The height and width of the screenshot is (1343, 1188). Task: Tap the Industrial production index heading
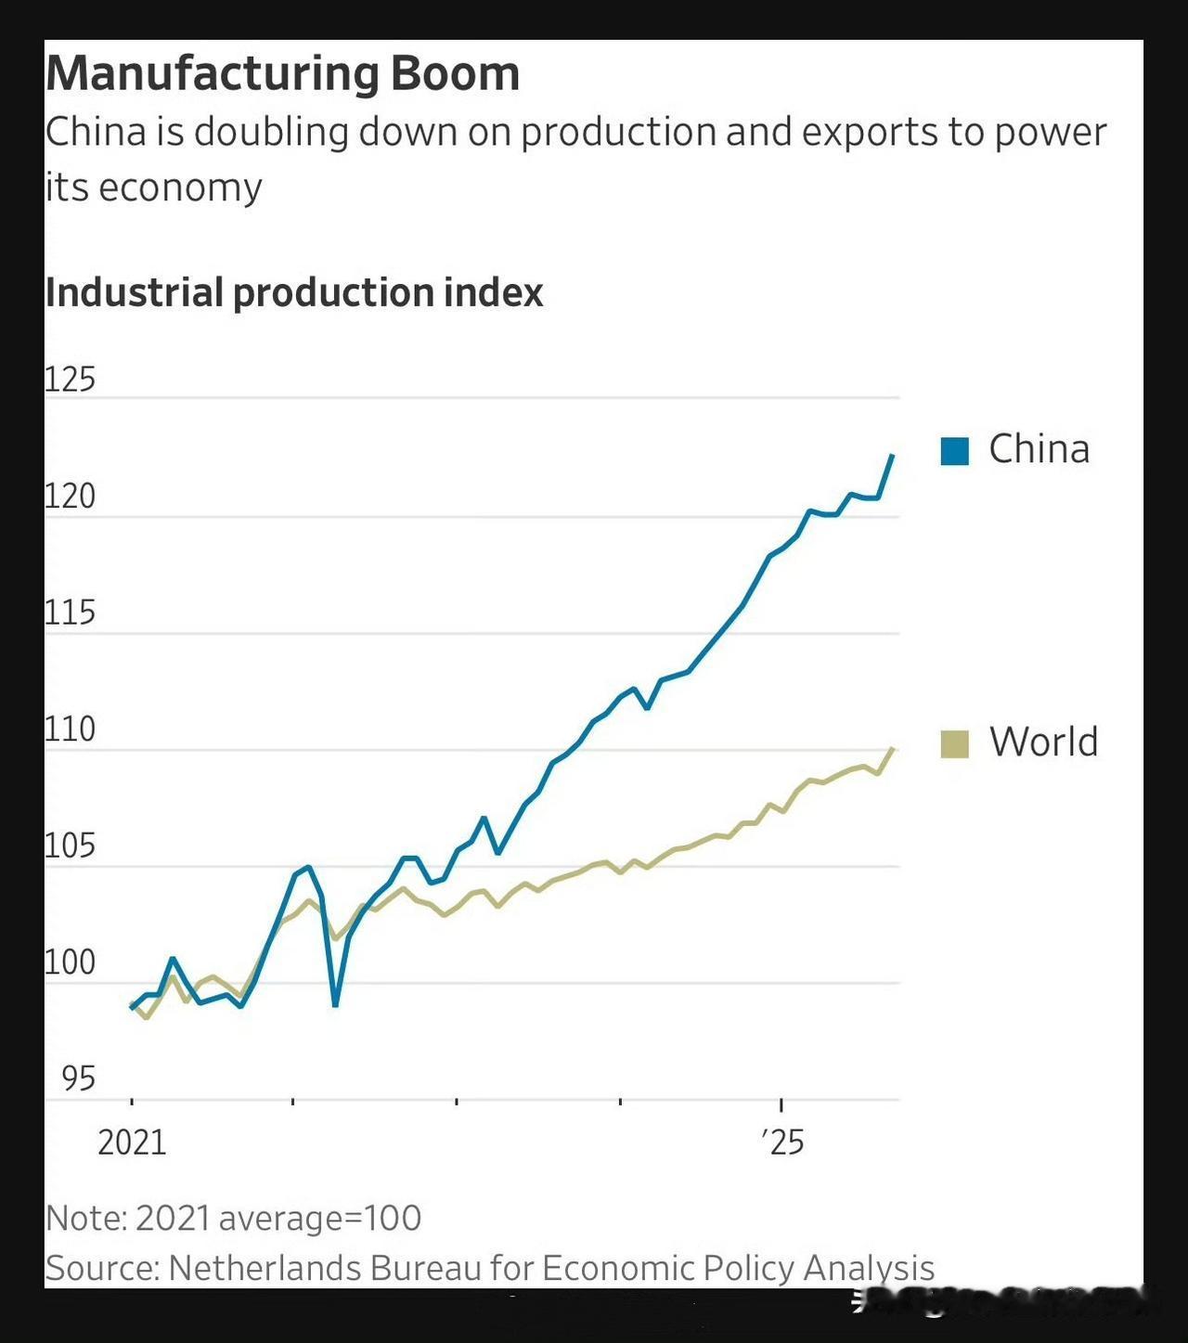tap(293, 292)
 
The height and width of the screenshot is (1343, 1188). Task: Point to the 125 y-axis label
tap(70, 380)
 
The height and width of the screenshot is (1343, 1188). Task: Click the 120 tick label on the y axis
tap(70, 497)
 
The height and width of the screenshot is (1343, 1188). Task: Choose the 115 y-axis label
tap(70, 613)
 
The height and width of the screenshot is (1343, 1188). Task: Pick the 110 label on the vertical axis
tap(70, 730)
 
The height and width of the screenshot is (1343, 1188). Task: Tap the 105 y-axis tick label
tap(70, 846)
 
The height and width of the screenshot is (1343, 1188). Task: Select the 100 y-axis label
tap(70, 962)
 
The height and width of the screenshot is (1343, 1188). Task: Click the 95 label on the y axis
tap(78, 1078)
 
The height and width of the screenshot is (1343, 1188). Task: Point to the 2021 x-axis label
tap(132, 1143)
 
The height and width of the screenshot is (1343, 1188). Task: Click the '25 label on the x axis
tap(782, 1143)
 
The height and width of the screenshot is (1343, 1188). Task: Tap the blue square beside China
tap(954, 451)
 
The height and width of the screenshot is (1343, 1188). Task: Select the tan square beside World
tap(954, 743)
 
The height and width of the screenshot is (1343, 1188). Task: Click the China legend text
tap(1039, 449)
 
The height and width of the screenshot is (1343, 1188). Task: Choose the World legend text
tap(1043, 742)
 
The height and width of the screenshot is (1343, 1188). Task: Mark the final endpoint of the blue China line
tap(893, 455)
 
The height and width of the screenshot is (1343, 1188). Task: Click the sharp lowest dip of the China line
tap(335, 1005)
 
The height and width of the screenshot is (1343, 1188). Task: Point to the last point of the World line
tap(893, 748)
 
